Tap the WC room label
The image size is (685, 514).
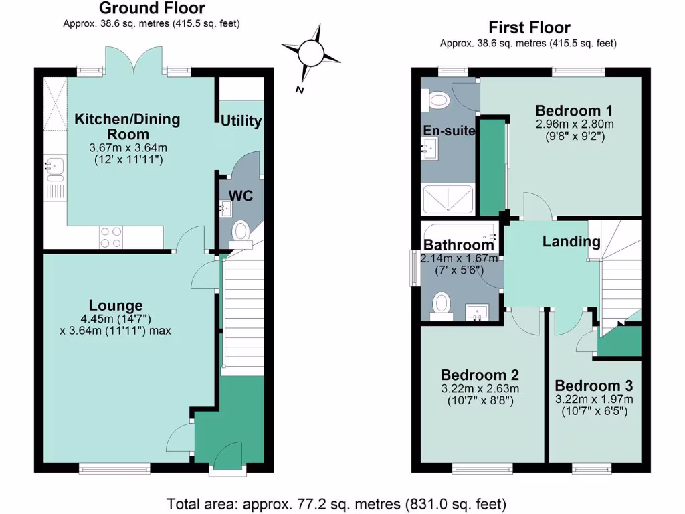[x=241, y=196]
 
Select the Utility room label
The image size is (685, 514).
[x=241, y=121]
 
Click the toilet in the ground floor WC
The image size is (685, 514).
[x=241, y=232]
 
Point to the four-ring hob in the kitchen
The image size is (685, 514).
[x=111, y=236]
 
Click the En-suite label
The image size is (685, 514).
[x=448, y=131]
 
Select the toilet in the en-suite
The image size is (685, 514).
[x=439, y=100]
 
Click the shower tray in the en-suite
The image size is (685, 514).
[x=448, y=199]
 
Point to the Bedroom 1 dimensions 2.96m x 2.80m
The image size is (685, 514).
[x=575, y=124]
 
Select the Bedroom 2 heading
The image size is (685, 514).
[x=480, y=375]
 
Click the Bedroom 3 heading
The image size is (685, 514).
[x=593, y=386]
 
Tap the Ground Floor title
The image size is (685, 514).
[x=152, y=9]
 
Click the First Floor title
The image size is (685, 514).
[x=529, y=28]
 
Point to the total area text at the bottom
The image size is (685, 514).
[x=336, y=503]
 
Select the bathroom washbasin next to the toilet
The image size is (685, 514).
[x=476, y=312]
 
